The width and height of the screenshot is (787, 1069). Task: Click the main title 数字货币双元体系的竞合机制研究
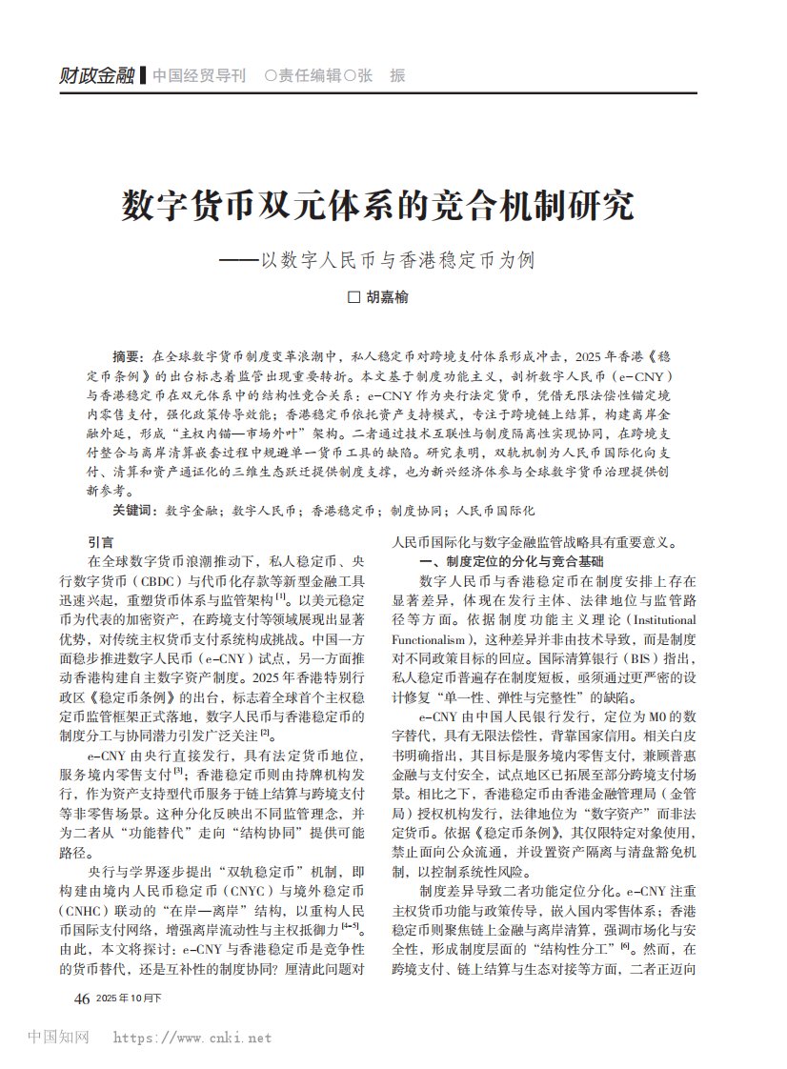[377, 205]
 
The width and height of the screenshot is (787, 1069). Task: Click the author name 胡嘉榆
[387, 298]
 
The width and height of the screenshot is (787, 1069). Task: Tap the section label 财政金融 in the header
[96, 76]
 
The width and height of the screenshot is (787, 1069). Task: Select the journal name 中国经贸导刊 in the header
[198, 76]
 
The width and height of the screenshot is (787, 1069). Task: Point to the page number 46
[81, 998]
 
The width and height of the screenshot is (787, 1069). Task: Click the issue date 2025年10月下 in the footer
[129, 999]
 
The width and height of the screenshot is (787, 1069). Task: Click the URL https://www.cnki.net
[192, 1039]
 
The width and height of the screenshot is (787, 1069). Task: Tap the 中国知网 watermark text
[58, 1038]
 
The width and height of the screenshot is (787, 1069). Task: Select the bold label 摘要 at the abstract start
[126, 356]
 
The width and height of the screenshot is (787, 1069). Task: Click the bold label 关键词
[132, 511]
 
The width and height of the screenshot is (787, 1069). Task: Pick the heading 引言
[100, 542]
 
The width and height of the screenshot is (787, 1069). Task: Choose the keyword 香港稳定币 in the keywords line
[338, 511]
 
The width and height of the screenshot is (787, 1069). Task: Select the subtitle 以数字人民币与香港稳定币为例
[399, 259]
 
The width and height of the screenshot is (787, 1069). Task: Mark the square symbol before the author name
[354, 298]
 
